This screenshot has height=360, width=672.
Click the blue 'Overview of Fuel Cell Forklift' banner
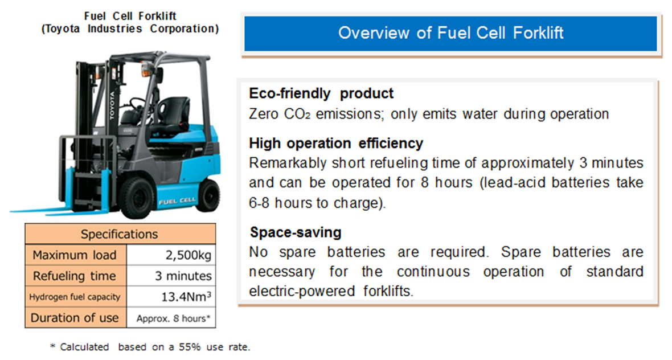450,34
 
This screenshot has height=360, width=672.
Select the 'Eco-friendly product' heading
321,93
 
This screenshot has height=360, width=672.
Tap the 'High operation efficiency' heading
336,143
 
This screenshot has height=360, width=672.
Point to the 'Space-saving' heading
296,232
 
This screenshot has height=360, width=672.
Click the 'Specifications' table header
120,234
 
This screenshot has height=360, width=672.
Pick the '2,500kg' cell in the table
171,255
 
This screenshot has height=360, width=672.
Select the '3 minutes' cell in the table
171,276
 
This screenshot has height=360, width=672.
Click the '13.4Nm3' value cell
171,297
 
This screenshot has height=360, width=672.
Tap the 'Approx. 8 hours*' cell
171,318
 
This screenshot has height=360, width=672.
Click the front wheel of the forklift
138,198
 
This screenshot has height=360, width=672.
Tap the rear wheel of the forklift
208,195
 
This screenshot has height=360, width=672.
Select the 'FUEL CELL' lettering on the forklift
177,201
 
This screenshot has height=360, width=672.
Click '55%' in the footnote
190,347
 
